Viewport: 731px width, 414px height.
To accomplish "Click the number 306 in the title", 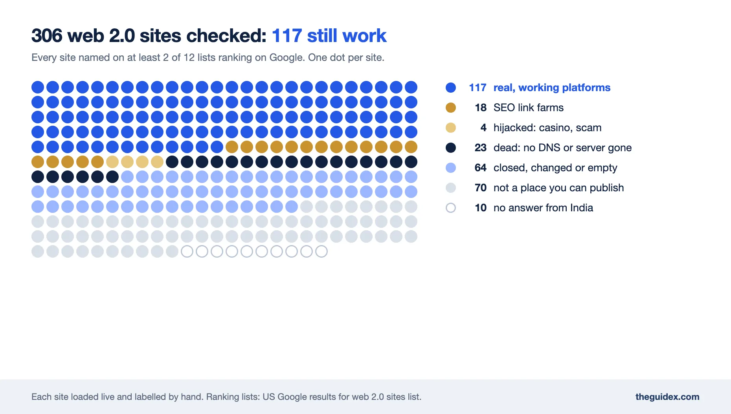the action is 47,36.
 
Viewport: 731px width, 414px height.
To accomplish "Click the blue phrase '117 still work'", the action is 329,36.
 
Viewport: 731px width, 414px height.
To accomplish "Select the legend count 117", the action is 478,88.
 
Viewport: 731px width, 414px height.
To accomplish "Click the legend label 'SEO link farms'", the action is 529,108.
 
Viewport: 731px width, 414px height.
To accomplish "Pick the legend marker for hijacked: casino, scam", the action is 451,128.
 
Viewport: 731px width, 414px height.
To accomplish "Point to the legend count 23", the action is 480,148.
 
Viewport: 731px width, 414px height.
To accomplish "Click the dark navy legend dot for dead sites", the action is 451,148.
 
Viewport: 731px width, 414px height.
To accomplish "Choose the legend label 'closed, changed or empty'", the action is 555,168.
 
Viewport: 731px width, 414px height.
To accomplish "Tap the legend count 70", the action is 480,188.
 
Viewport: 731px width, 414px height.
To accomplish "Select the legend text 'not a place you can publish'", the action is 558,188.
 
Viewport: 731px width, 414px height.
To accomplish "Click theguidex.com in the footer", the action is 667,397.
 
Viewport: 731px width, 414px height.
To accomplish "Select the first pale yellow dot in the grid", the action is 112,162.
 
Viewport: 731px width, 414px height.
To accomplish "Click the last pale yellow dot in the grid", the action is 157,162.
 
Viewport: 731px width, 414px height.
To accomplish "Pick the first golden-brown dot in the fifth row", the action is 232,147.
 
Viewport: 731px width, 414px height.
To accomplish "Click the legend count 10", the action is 480,208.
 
